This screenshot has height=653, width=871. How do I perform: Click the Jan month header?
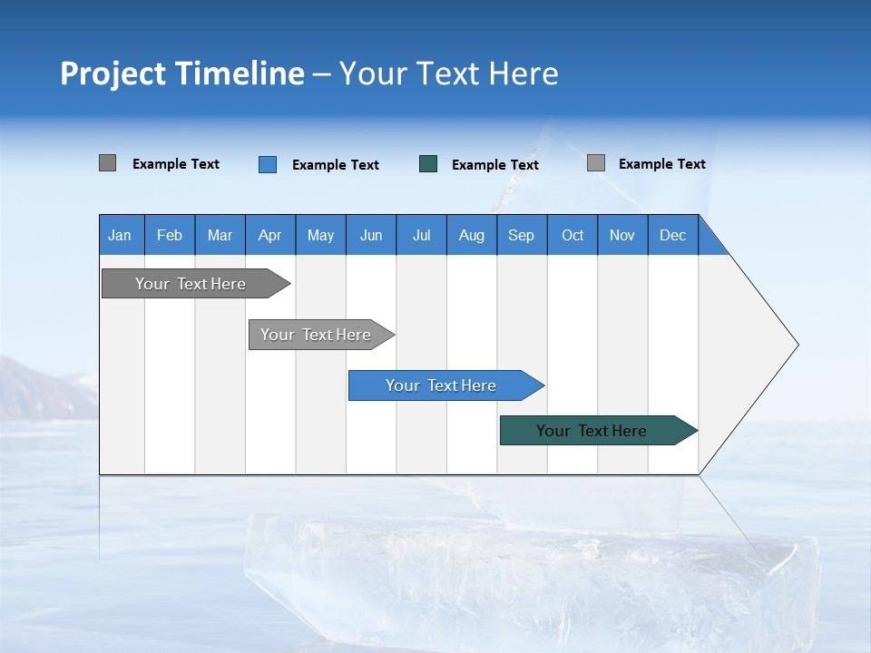click(120, 235)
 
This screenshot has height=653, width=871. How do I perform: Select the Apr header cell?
click(269, 235)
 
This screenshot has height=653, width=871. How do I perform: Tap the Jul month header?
click(421, 235)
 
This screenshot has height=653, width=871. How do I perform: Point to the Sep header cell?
click(521, 235)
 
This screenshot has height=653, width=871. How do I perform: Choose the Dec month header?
click(672, 235)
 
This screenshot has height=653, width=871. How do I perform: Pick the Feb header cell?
click(170, 235)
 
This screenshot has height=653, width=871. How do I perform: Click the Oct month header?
click(573, 235)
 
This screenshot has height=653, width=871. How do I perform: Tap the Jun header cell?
click(371, 235)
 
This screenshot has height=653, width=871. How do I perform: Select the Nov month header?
click(622, 235)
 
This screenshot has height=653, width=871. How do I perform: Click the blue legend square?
click(268, 164)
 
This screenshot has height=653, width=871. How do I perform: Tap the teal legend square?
click(428, 164)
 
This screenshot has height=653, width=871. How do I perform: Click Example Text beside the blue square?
click(335, 165)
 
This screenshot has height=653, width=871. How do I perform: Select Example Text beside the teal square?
click(494, 165)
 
